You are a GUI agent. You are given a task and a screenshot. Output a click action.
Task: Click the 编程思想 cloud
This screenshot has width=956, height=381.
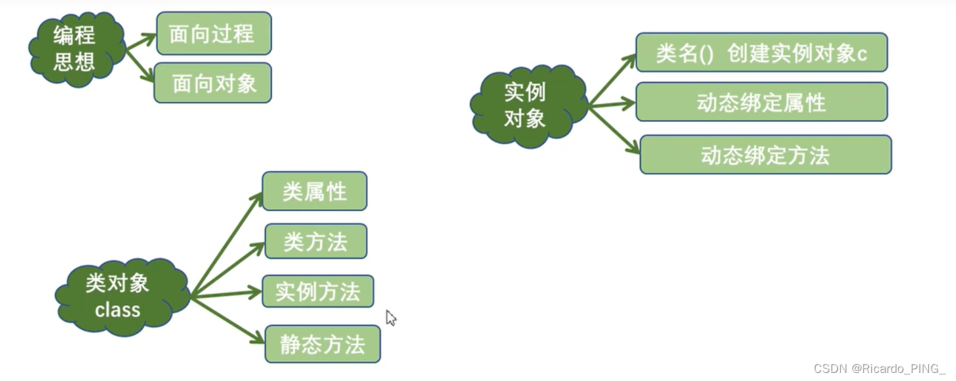[x=75, y=48]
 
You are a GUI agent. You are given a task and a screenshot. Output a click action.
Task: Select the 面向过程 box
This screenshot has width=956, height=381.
[x=213, y=33]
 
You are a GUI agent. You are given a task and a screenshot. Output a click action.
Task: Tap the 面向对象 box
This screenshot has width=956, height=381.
[x=213, y=83]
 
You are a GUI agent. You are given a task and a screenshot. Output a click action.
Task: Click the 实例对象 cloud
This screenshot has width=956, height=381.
[x=527, y=106]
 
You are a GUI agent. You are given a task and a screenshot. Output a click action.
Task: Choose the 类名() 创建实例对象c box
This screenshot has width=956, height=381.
[x=761, y=53]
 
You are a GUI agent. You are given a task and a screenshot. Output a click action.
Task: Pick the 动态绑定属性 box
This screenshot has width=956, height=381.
[x=761, y=102]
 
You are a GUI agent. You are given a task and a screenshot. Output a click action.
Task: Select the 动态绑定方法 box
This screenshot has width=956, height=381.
[x=765, y=155]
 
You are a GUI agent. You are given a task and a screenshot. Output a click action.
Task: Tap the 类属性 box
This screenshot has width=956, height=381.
[x=314, y=191]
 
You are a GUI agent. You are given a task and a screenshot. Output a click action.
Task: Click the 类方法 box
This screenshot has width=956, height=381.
[x=316, y=241]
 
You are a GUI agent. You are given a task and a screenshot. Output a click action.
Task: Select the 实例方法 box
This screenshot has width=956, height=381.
[x=318, y=291]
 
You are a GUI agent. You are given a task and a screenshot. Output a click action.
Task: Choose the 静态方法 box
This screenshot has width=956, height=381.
[x=322, y=344]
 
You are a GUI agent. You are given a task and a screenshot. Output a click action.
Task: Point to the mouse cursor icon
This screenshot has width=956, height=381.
[x=391, y=317]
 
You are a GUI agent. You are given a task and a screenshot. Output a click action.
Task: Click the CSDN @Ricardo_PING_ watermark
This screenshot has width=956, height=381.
[x=879, y=369]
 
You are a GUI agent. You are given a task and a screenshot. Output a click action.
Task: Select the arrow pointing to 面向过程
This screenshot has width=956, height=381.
[x=141, y=42]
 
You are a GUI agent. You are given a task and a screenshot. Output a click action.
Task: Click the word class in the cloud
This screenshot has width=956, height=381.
[x=118, y=310]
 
